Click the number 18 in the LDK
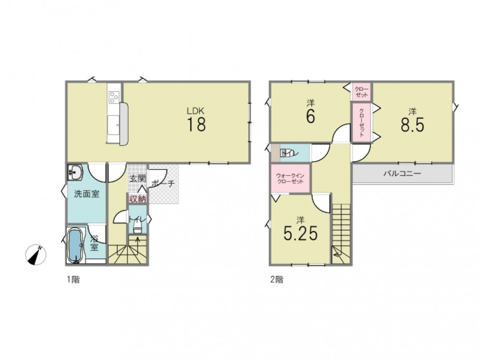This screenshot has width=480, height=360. tap(196, 124)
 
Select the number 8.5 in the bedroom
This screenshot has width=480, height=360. tap(412, 125)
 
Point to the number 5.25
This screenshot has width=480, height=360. tap(300, 234)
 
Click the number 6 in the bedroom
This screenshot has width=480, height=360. tap(311, 116)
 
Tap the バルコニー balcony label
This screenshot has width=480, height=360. tap(403, 174)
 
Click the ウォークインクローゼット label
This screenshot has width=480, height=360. tap(290, 179)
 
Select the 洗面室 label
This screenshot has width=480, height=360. tap(87, 194)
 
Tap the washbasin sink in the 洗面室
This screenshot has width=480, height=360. tap(75, 172)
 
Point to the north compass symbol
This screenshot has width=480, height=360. tap(36, 254)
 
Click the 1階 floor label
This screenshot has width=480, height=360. tap(73, 279)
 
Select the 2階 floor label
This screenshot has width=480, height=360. tap(277, 279)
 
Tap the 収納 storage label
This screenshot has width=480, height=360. tap(137, 199)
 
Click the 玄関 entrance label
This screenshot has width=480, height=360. tap(137, 179)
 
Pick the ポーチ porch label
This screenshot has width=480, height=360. tap(163, 183)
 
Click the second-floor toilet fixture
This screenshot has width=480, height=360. tap(287, 153)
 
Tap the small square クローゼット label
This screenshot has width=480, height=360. tap(361, 92)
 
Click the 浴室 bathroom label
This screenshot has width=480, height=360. tap(94, 243)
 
